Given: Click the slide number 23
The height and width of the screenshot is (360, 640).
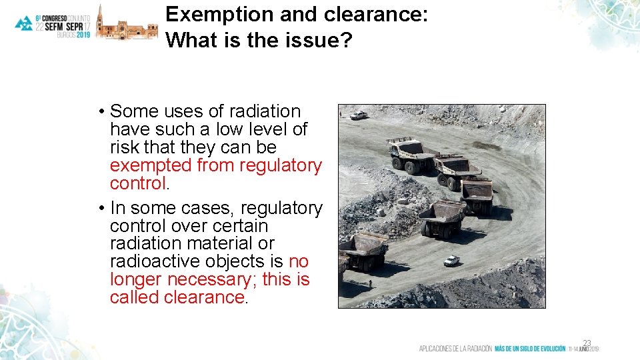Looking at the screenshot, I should coord(587,343).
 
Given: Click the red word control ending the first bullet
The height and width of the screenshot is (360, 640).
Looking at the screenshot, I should coord(137,183).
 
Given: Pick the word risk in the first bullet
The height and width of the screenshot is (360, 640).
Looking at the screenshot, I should coord(125,147).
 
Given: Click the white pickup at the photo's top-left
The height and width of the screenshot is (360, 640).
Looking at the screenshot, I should coord(358,115).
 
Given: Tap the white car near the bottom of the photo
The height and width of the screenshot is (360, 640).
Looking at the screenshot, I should coord(452,261).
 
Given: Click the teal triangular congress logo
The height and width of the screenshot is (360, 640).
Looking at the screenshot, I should coord(24,23).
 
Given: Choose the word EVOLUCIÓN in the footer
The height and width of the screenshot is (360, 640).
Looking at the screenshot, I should coord(546,349).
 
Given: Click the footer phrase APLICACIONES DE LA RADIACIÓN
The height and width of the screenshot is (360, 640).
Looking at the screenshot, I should coord(455,349).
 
